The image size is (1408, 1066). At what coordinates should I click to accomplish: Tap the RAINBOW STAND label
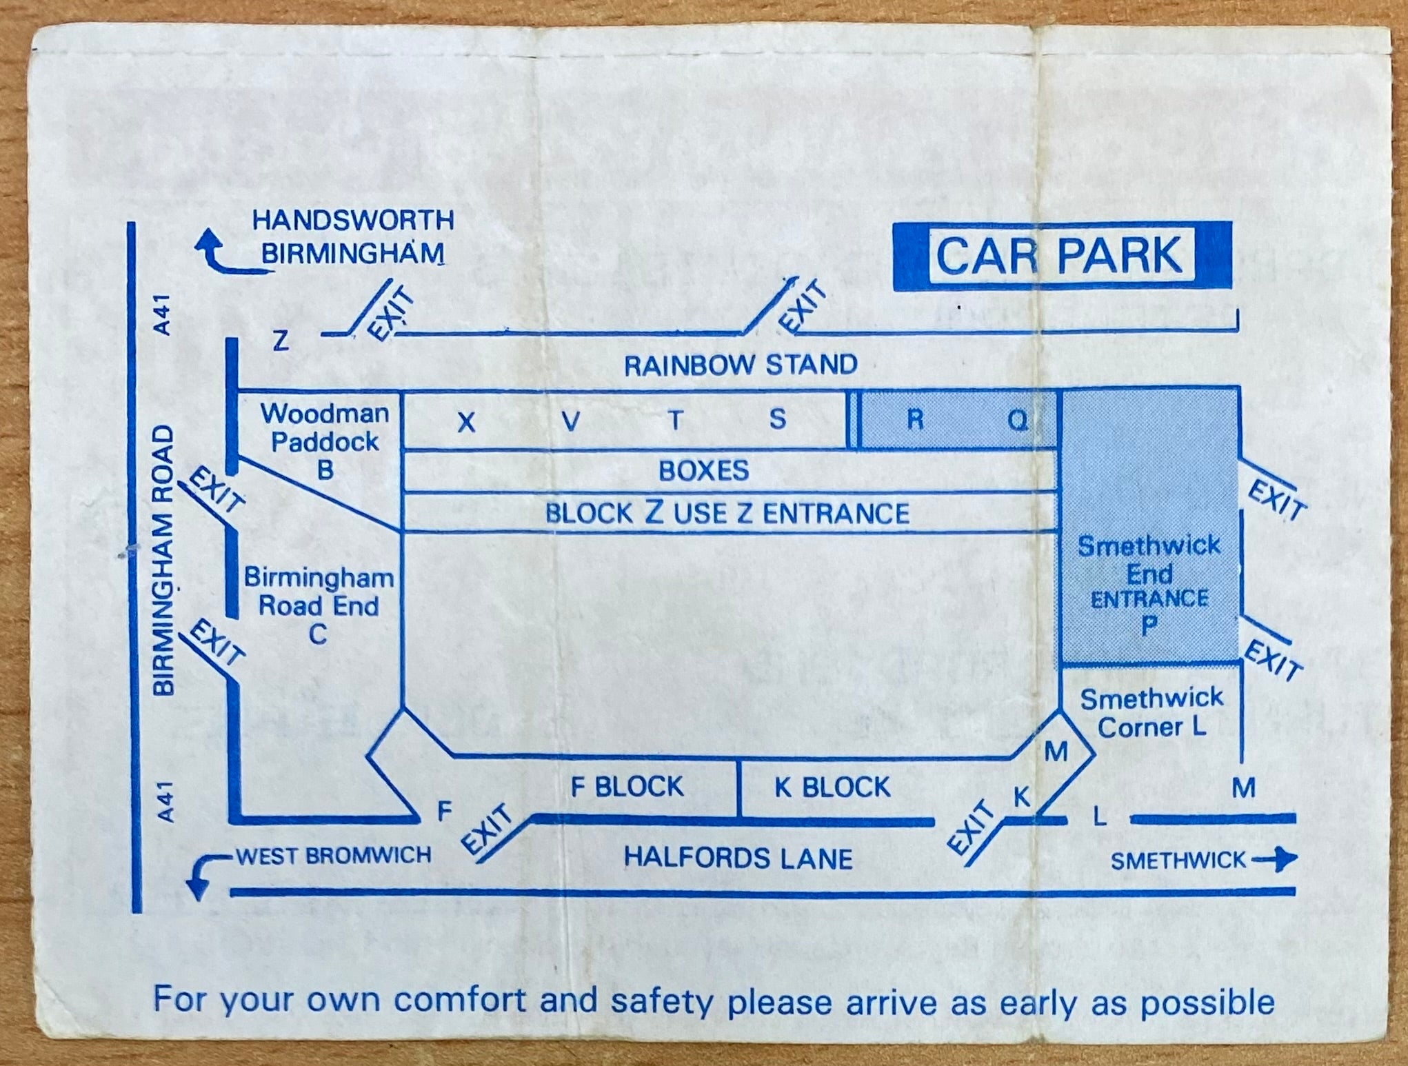[741, 365]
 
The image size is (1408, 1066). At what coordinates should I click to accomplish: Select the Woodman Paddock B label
[324, 441]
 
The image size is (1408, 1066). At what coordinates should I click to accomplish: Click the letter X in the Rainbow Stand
[467, 422]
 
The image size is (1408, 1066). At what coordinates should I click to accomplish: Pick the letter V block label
[570, 421]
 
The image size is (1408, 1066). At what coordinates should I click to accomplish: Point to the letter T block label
[675, 420]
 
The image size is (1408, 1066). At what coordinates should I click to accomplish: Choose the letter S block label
[778, 419]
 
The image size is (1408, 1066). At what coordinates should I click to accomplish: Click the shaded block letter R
[915, 419]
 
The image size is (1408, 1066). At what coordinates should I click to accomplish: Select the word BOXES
[704, 471]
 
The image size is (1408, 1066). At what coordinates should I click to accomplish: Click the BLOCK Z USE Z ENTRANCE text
[727, 513]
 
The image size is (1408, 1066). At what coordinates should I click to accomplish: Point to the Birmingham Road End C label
[319, 606]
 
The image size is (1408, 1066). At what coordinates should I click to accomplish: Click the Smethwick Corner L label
[1151, 713]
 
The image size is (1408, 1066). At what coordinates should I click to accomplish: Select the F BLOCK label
[627, 787]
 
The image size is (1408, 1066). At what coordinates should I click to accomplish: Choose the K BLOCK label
[832, 787]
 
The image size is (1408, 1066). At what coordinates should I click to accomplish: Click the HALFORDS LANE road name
[738, 858]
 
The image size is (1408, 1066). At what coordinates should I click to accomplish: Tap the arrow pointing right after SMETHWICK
[1274, 860]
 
